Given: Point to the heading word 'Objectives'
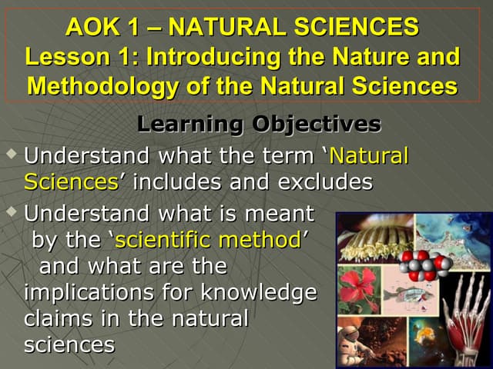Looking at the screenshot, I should [x=317, y=124].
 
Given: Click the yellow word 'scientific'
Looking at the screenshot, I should [x=163, y=240].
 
